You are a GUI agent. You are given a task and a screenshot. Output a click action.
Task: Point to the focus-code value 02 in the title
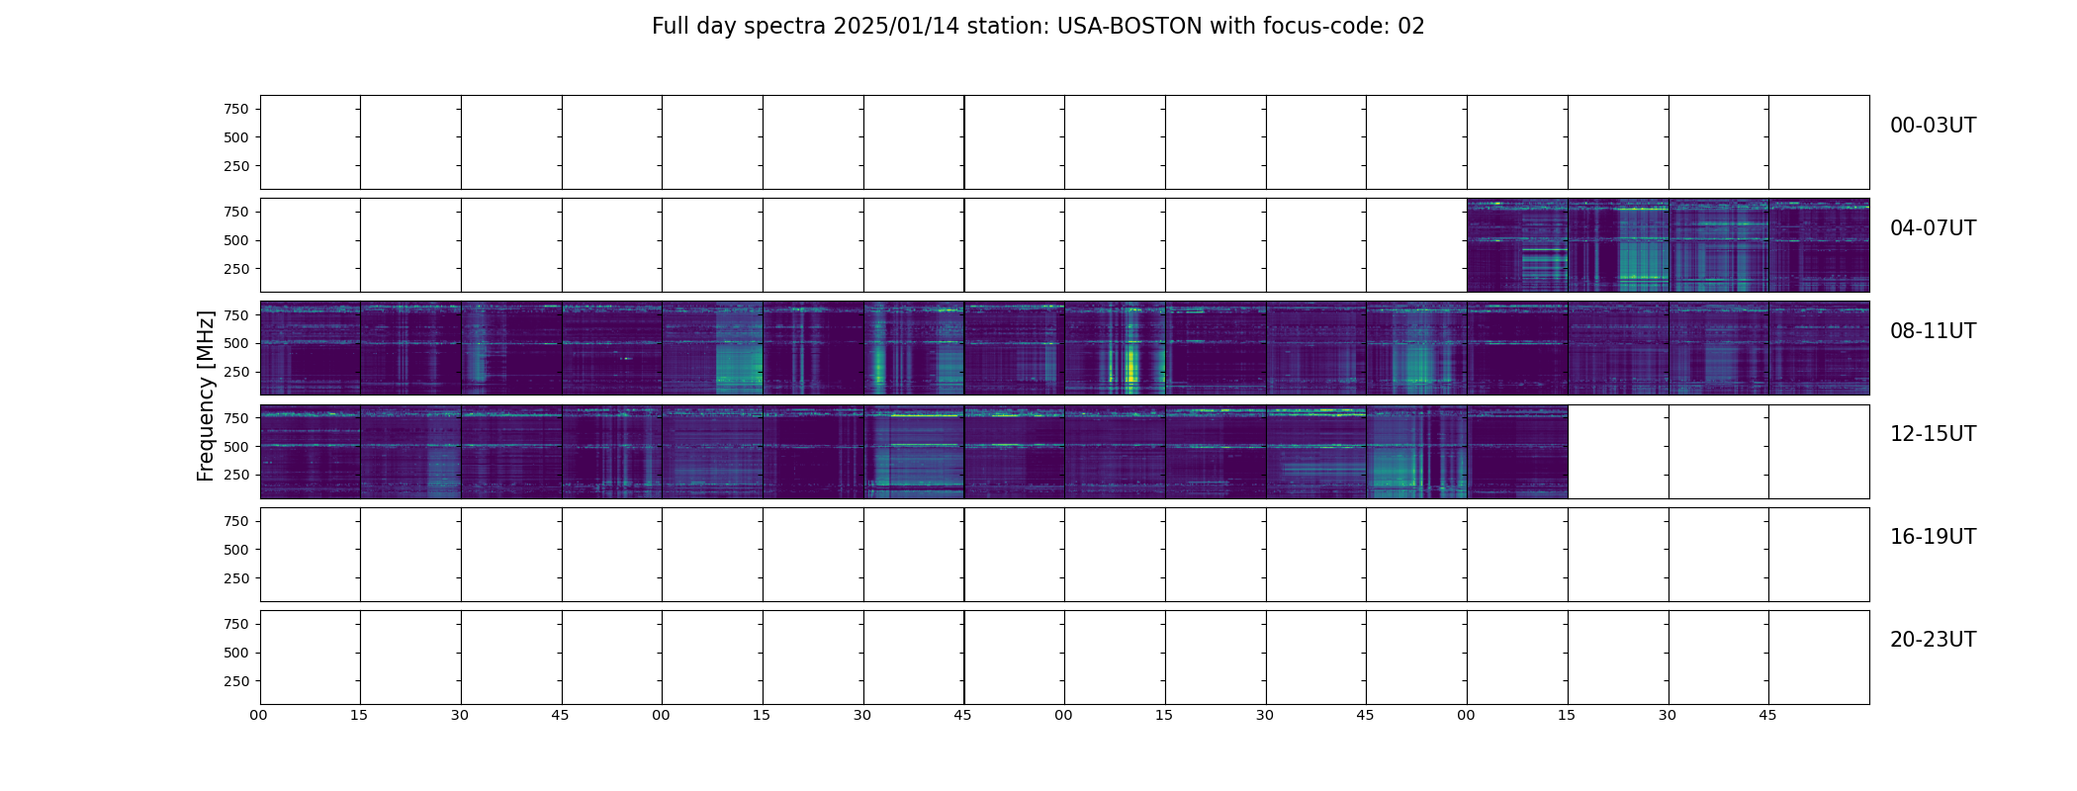tap(1411, 27)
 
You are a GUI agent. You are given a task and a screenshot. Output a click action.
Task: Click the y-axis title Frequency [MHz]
tap(206, 395)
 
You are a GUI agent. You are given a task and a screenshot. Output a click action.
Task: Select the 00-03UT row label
tap(1933, 126)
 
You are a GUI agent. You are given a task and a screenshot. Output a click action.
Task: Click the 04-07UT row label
tap(1933, 228)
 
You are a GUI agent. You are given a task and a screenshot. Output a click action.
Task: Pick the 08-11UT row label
tap(1933, 331)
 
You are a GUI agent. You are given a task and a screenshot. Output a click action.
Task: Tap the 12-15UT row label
tap(1933, 434)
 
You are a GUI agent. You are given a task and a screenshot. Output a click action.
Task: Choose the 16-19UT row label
tap(1933, 537)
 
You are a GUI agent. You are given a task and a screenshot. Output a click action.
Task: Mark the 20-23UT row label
tap(1933, 640)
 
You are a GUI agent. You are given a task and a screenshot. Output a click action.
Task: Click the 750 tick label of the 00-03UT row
tap(236, 109)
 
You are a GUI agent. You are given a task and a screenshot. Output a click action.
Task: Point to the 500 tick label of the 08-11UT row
tap(236, 343)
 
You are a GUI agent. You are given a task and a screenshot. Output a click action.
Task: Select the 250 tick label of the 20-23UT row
tap(236, 681)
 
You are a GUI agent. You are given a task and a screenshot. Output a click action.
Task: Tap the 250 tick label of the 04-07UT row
tap(236, 269)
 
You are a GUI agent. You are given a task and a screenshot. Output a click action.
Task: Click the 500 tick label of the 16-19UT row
tap(236, 550)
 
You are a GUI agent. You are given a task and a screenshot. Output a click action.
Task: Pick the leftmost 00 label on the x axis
tap(259, 715)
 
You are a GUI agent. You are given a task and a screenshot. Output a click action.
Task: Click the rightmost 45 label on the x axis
tap(1767, 715)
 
